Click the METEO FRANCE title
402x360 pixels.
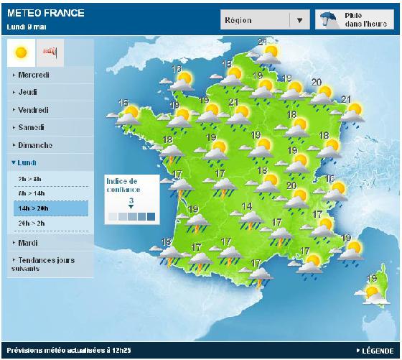45,13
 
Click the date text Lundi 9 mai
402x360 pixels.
27,26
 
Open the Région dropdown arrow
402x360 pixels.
299,20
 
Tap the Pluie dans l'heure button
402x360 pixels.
354,19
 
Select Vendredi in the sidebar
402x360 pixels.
32,110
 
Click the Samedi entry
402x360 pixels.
29,127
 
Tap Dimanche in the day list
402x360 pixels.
34,145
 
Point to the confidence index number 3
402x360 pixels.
131,200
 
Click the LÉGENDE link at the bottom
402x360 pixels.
377,350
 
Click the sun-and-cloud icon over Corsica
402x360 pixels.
373,292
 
